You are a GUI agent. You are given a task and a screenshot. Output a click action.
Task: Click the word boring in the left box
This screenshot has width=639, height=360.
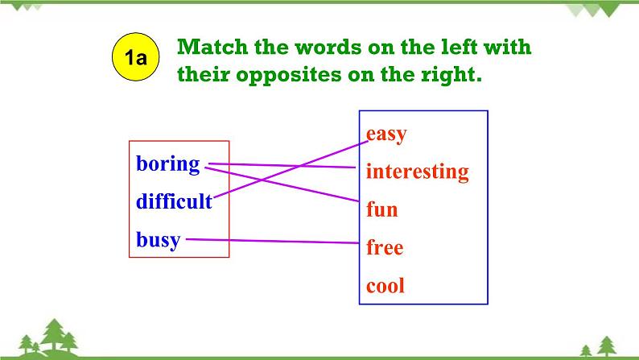pyautogui.click(x=167, y=163)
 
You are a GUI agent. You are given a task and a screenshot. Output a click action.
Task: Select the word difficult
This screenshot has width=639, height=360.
pyautogui.click(x=174, y=201)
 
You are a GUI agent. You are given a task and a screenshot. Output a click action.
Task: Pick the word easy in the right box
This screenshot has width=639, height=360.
pyautogui.click(x=386, y=134)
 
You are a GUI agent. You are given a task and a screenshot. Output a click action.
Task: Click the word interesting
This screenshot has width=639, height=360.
pyautogui.click(x=417, y=172)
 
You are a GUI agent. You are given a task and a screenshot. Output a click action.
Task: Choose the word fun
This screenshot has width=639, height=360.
pyautogui.click(x=381, y=210)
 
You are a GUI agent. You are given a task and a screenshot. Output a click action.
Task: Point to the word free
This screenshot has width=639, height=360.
pyautogui.click(x=384, y=247)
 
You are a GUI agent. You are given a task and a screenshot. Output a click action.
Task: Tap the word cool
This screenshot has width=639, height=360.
pyautogui.click(x=385, y=285)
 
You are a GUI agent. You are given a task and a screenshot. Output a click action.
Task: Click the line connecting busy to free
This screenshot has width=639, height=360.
pyautogui.click(x=274, y=240)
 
